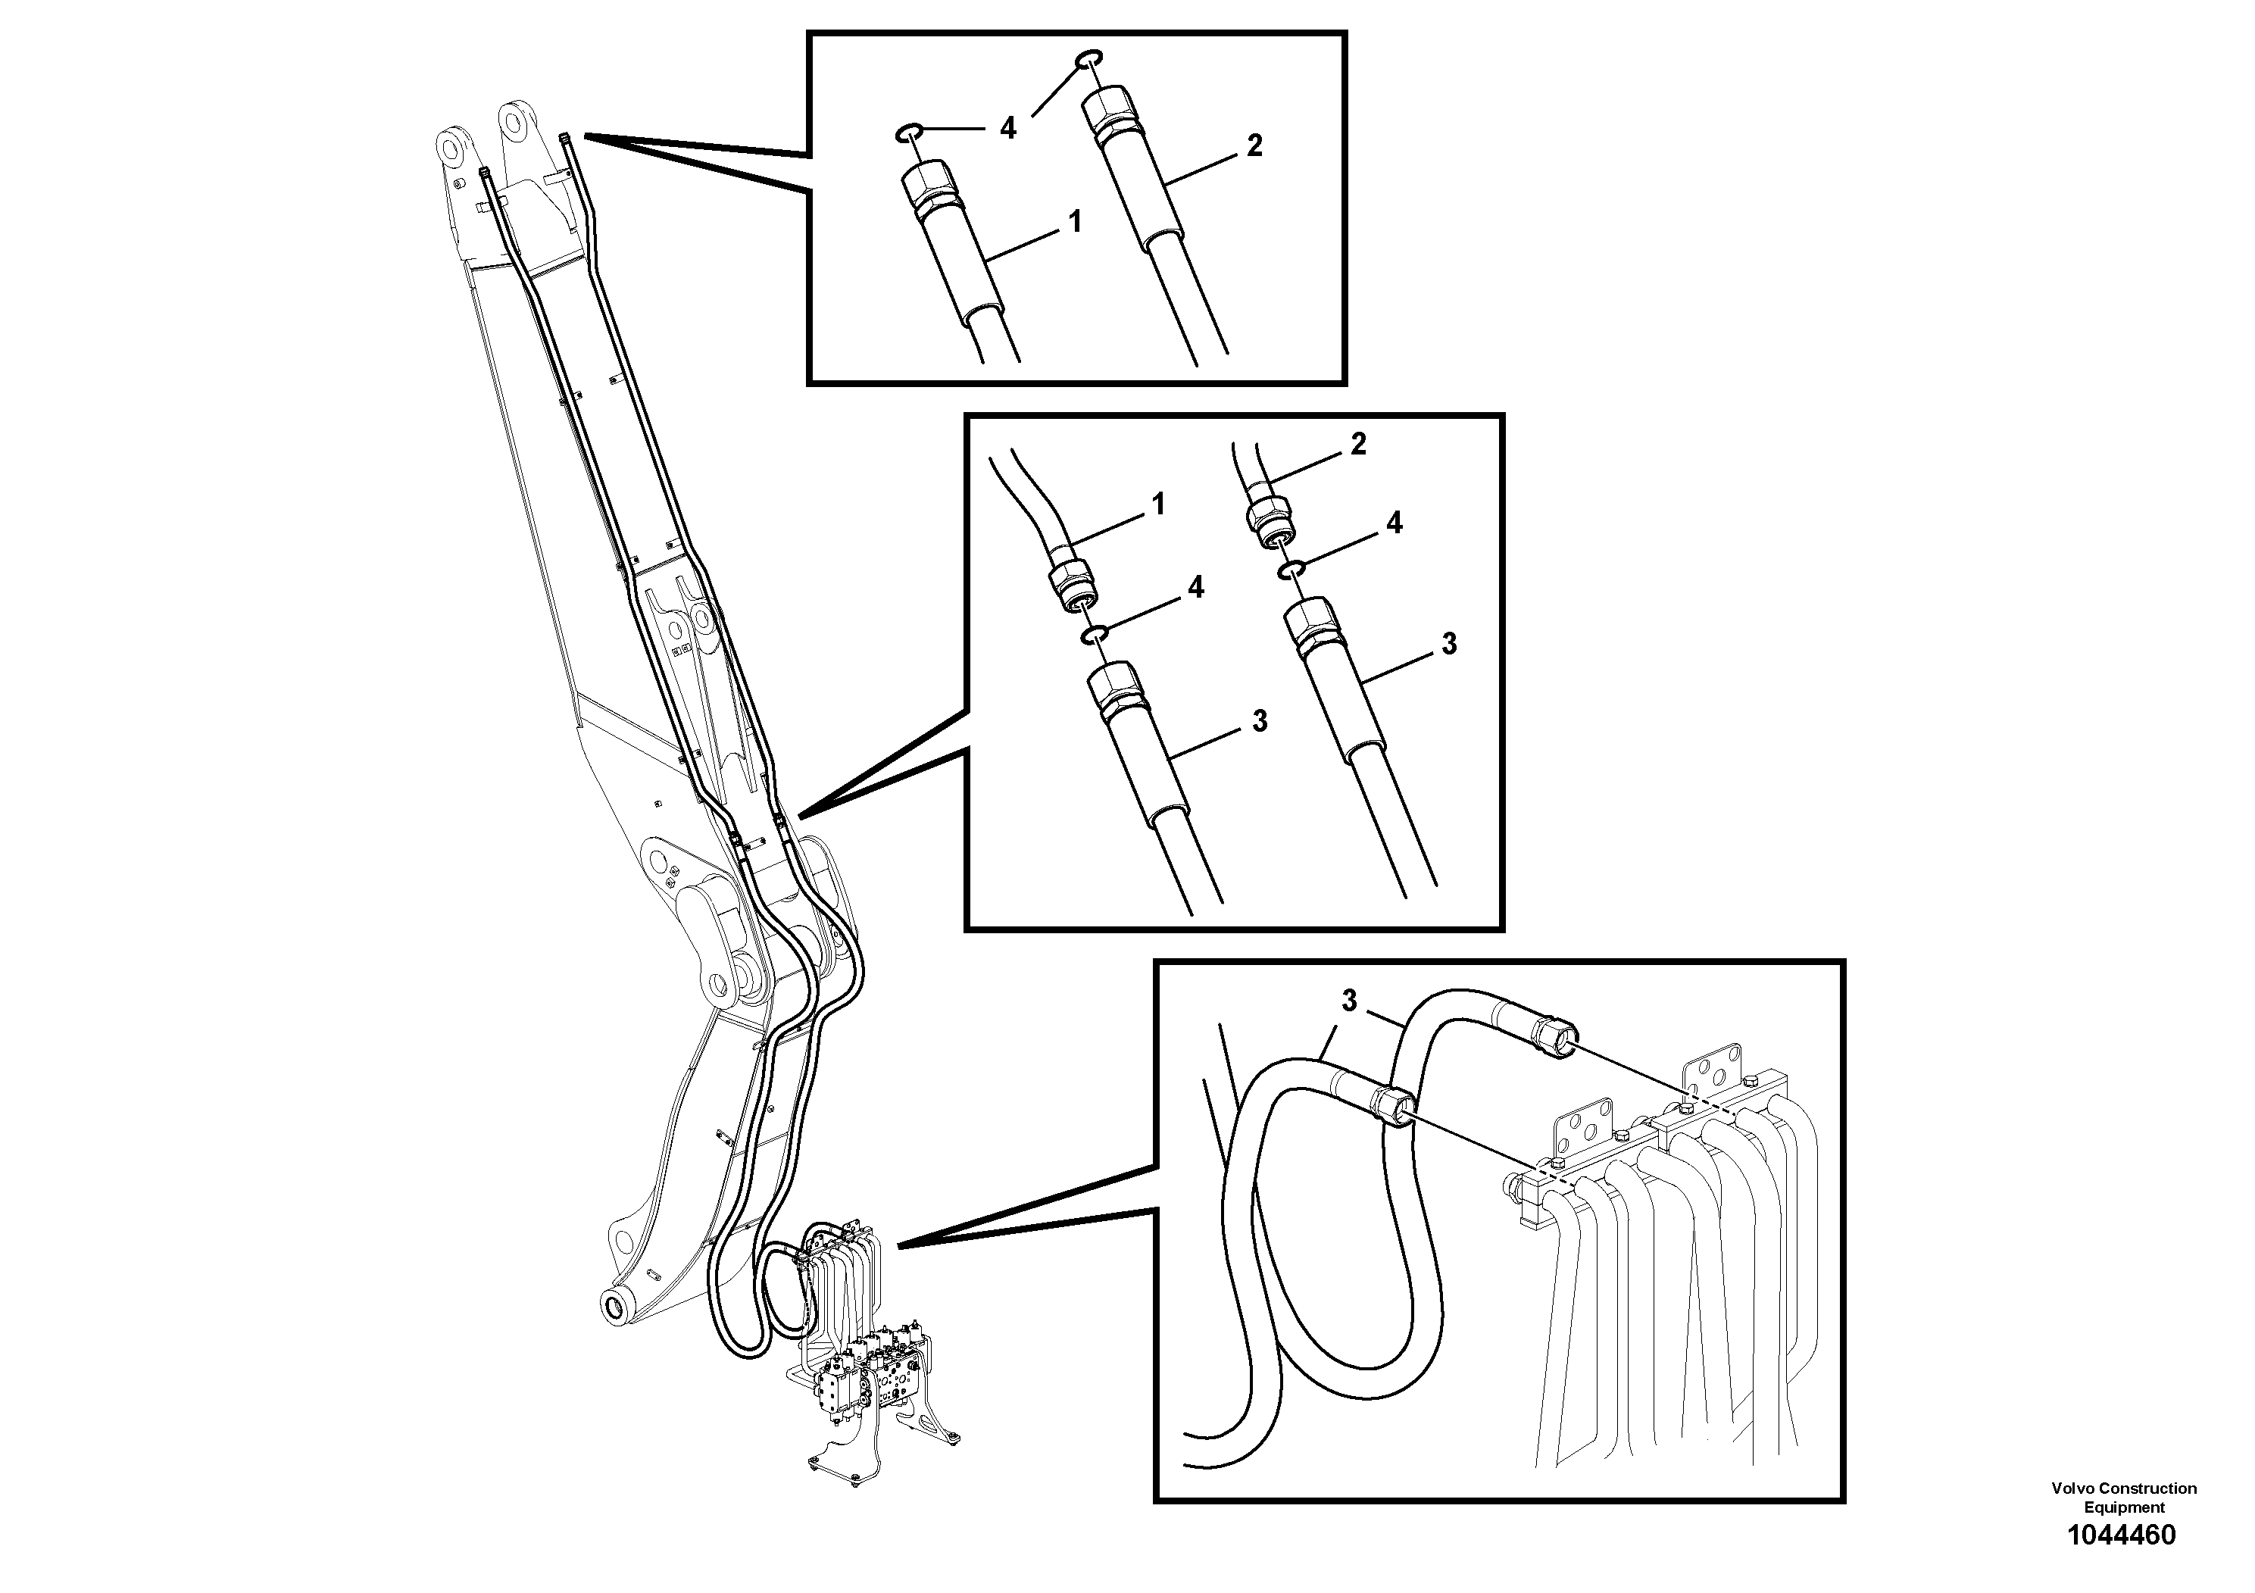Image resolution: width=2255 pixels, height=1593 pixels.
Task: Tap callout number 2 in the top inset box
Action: [x=1254, y=146]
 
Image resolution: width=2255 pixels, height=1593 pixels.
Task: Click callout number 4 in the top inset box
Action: [x=1007, y=129]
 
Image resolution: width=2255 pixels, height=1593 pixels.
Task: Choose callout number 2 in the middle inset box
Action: [x=1358, y=445]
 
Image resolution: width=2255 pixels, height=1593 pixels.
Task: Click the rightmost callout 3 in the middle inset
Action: [x=1448, y=645]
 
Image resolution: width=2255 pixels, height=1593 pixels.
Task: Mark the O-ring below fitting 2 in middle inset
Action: [x=1291, y=570]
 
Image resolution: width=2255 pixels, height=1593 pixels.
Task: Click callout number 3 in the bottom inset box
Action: [x=1350, y=1001]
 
